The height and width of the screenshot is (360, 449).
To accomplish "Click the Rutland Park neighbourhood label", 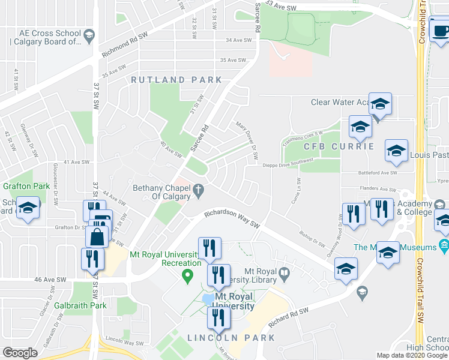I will point(176,80).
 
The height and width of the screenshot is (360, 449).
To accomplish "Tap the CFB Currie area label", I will point(339,146).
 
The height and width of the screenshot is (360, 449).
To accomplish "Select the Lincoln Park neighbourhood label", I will point(231,338).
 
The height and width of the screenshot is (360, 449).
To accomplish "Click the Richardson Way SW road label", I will point(232,218).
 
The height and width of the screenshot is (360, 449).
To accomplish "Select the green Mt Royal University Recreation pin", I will point(187,276).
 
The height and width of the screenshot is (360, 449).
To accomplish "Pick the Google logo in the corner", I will point(20,353).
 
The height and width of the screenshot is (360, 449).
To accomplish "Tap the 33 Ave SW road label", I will point(281,4).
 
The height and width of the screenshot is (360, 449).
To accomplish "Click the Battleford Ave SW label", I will point(373,173).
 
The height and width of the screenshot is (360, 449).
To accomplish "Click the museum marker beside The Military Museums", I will point(444,245).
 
